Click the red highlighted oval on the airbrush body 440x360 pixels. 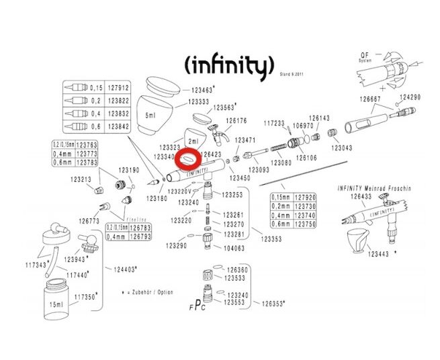[x=186, y=161]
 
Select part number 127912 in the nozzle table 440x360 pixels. [x=119, y=87]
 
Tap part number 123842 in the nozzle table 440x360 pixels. [x=119, y=126]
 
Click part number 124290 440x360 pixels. [x=409, y=97]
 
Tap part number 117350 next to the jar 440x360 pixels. [x=86, y=296]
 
